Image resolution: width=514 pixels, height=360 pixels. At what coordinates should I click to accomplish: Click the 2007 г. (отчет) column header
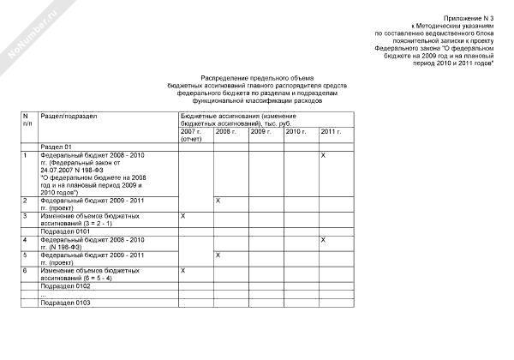coord(192,135)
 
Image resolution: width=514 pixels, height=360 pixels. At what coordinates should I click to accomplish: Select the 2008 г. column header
coord(225,131)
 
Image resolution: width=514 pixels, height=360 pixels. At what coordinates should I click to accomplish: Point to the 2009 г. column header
coord(260,131)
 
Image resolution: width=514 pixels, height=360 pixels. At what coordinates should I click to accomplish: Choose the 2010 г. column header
coord(296,131)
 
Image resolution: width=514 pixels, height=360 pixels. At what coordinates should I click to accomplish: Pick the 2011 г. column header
coord(331,131)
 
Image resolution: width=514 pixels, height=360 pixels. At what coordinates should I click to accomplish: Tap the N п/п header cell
coord(27,120)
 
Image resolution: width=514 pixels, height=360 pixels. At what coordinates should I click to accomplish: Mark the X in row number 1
coord(323,154)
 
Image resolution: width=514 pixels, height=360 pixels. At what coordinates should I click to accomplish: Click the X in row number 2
coord(218,200)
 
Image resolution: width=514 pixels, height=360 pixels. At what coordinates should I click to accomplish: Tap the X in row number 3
coord(183,216)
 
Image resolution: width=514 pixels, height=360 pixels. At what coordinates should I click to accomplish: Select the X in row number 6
coord(183,270)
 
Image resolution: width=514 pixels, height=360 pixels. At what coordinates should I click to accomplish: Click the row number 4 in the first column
coord(26,239)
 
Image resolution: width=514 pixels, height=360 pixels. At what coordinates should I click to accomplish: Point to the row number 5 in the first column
coord(26,255)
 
